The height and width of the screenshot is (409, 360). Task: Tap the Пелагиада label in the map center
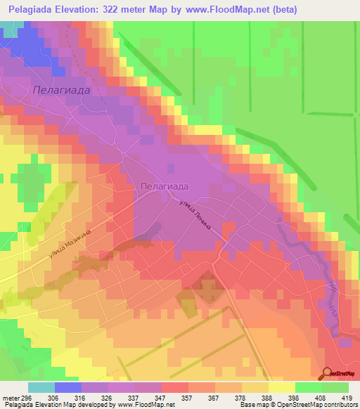[163, 186]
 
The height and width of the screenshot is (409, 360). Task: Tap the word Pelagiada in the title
[32, 10]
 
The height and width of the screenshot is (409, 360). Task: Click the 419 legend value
[347, 397]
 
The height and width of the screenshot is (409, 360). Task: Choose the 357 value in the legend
[187, 397]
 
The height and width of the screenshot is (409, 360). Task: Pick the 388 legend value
[267, 397]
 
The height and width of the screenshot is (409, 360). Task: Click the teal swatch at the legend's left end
[41, 387]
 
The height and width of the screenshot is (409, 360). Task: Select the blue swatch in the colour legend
[68, 387]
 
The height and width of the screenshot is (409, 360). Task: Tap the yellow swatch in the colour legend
[282, 387]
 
